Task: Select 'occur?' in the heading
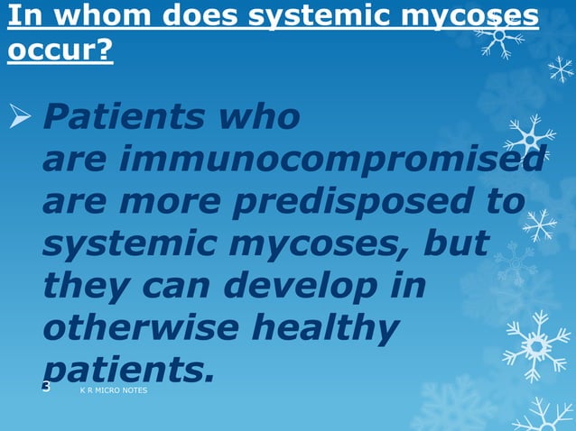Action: click(x=60, y=50)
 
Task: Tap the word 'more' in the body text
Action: click(x=175, y=202)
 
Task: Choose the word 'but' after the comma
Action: click(x=457, y=243)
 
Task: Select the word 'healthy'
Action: click(x=323, y=328)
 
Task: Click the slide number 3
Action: click(x=46, y=387)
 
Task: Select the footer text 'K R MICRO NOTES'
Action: click(x=113, y=391)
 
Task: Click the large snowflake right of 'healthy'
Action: click(x=537, y=344)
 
